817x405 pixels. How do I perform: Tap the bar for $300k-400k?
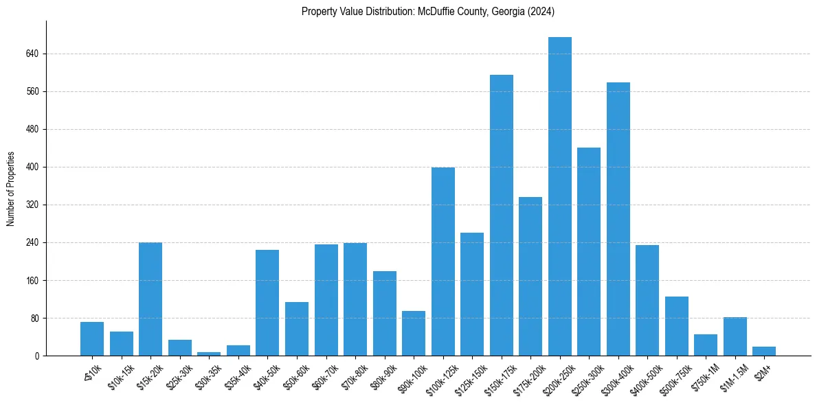pos(618,219)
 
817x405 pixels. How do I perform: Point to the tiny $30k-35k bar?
pos(209,354)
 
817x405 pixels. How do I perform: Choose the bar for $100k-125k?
pos(443,262)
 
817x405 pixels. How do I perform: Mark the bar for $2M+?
pos(763,351)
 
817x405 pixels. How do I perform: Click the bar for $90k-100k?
pos(414,333)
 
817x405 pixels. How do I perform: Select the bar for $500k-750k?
pos(676,326)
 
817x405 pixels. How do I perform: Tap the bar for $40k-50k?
pos(267,303)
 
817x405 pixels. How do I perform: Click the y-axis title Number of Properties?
pos(10,188)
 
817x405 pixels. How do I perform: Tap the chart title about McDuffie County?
pos(427,12)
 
